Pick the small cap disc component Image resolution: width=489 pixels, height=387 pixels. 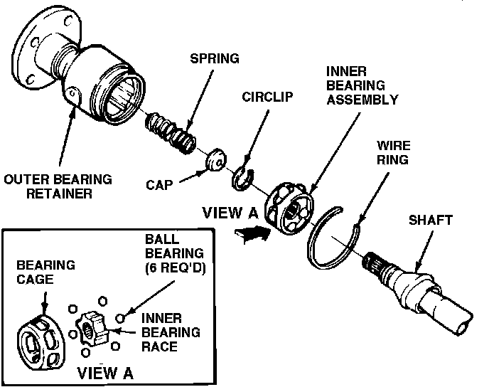click(x=214, y=161)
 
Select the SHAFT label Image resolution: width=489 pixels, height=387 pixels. click(x=430, y=221)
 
